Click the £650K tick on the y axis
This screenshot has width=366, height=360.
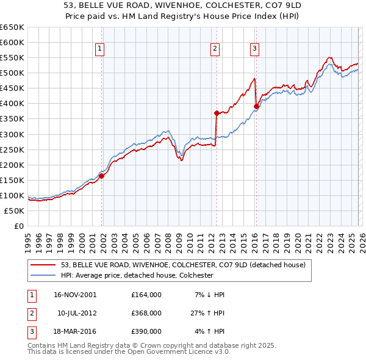click(12, 27)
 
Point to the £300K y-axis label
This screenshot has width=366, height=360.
click(12, 134)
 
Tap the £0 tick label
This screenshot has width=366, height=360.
click(19, 226)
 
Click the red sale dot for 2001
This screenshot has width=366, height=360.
click(102, 176)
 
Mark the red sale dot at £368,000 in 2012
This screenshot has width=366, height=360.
click(217, 113)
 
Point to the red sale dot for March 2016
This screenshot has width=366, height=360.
click(256, 106)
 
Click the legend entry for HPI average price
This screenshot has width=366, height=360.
click(137, 275)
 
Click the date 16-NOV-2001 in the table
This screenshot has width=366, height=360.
click(75, 294)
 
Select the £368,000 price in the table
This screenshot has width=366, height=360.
click(146, 313)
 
